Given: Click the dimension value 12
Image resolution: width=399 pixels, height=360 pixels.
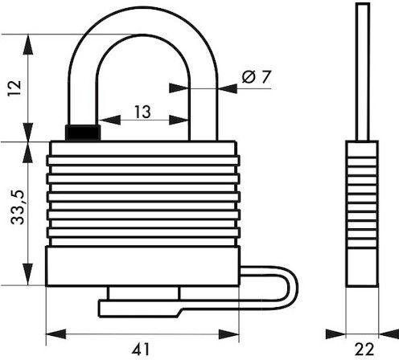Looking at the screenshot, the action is click(x=14, y=88).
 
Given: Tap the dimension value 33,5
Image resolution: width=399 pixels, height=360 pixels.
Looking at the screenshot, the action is click(x=18, y=207).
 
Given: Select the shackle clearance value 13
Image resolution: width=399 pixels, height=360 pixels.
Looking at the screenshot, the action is click(x=142, y=112).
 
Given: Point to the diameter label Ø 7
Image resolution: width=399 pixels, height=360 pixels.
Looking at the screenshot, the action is click(x=257, y=77).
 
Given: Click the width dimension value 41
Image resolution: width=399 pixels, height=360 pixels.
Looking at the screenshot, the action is click(x=141, y=350).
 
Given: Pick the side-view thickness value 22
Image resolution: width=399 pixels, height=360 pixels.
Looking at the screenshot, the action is click(x=364, y=350).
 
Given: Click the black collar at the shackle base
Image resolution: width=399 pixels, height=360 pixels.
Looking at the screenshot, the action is click(x=83, y=133).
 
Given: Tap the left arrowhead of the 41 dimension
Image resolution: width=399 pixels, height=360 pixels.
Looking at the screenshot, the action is click(x=56, y=334).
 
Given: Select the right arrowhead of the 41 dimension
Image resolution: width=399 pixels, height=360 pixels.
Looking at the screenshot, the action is click(x=228, y=334).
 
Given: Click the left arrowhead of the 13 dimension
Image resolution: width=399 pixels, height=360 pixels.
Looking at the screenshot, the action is click(x=109, y=120).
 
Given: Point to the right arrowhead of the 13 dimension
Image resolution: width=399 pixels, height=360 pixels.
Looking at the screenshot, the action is click(x=179, y=120).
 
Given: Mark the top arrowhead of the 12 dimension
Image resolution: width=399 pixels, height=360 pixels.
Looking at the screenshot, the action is click(x=28, y=44).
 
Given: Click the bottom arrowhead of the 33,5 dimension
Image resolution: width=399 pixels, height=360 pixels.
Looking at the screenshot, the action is click(x=27, y=274).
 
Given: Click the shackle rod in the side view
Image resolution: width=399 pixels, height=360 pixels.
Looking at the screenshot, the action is click(x=363, y=72).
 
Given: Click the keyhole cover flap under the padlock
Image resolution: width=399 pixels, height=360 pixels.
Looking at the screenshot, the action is click(x=139, y=309).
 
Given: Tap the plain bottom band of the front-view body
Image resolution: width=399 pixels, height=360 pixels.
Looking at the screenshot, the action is click(x=142, y=266).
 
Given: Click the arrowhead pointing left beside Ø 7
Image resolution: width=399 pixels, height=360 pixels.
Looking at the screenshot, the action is click(x=228, y=88).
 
